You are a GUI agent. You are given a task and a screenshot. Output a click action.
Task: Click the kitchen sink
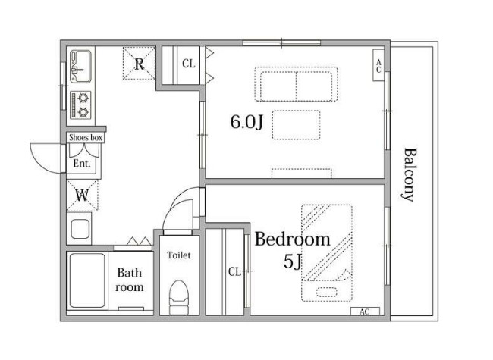coord(81,66)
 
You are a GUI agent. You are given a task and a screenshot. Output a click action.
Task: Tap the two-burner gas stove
coord(81,105)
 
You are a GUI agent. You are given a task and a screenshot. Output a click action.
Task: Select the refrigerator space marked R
coord(139,63)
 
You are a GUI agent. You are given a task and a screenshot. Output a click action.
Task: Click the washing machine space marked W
coord(83,196)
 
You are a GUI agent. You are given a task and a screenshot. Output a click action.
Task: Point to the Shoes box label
coord(86,138)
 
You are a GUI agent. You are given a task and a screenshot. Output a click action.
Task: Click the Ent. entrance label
coord(82,164)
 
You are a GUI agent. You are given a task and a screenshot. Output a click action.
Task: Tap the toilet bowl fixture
coord(179,297)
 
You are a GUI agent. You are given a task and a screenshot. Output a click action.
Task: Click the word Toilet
coord(179,255)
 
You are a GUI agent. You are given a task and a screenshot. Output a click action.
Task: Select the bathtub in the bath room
coord(87,280)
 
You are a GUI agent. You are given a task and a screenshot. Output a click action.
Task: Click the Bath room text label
coord(130,280)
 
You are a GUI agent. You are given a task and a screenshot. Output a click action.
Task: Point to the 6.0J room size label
coord(246,122)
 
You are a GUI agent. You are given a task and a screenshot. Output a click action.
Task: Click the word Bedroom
coord(293,239)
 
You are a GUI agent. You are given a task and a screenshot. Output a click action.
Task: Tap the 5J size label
coord(293,261)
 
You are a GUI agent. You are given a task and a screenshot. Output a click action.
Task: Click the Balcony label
coord(410,174)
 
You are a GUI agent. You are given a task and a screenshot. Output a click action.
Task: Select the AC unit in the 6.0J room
coord(378,65)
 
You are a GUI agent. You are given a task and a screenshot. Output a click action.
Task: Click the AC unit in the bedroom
coord(365,311)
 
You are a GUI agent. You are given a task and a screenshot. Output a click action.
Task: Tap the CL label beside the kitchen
coord(189,64)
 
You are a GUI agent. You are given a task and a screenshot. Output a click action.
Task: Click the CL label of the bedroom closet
coord(234,271)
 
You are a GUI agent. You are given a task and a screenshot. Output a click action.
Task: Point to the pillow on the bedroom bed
coord(327,292)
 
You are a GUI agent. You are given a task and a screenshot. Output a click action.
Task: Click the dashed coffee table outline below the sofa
coord(296,125)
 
